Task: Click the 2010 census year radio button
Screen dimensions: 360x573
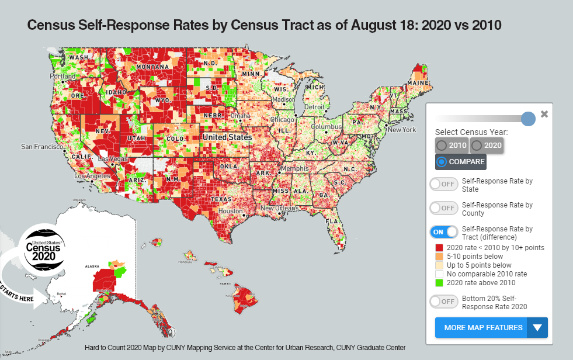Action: tap(452, 145)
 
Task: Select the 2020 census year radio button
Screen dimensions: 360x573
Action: tap(486, 145)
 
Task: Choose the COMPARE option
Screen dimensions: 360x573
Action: tap(460, 162)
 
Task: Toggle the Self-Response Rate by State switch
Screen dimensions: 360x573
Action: tap(444, 184)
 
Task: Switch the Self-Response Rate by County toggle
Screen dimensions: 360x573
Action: tap(444, 208)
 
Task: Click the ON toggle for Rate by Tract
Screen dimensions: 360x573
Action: tap(444, 232)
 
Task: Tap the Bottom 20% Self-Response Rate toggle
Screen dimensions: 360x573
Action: tap(444, 302)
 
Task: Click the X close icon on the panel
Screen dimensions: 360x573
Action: tap(544, 114)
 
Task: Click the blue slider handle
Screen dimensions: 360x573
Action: tap(527, 119)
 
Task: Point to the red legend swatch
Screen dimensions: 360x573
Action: tap(439, 248)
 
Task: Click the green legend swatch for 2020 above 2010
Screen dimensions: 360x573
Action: tap(439, 283)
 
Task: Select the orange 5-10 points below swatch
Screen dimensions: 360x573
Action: tap(439, 257)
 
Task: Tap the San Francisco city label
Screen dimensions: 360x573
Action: tap(41, 146)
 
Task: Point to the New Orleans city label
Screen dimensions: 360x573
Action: tap(279, 208)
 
